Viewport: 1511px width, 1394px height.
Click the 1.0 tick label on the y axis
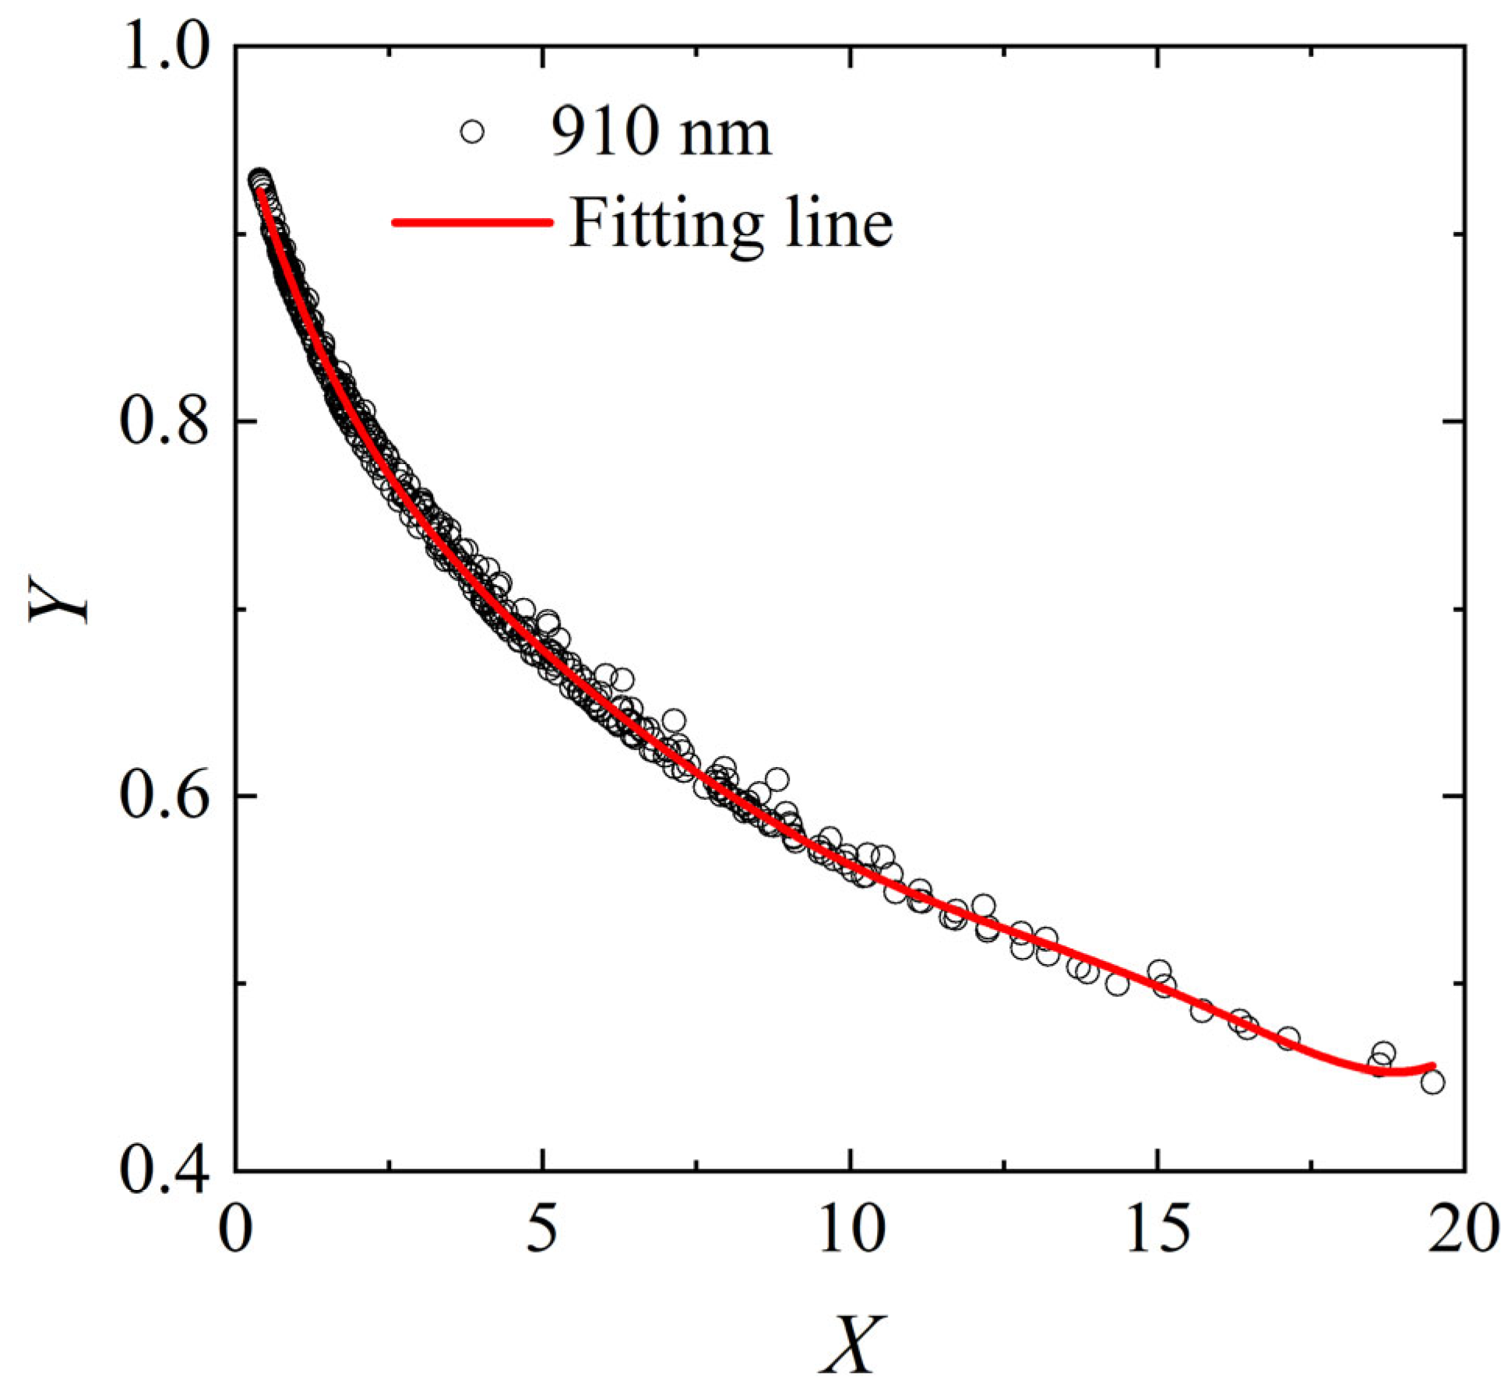tap(160, 48)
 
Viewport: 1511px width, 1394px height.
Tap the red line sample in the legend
tap(471, 223)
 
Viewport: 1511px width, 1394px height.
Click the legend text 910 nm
tap(660, 132)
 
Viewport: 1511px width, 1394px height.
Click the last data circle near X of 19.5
tap(1432, 1082)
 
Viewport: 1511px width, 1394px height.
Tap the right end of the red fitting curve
tap(1432, 1065)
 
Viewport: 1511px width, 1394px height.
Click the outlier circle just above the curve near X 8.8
tap(777, 778)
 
